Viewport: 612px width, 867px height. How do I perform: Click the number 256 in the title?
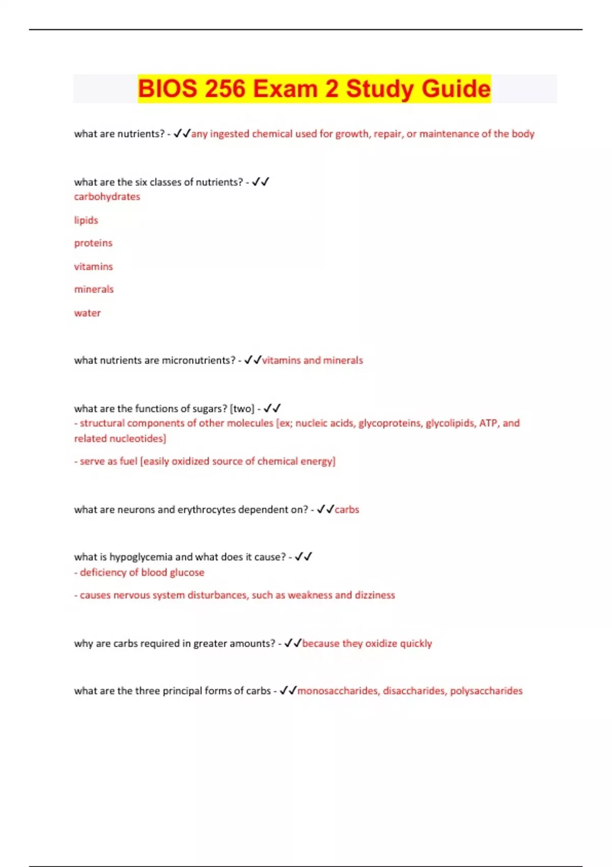pyautogui.click(x=226, y=89)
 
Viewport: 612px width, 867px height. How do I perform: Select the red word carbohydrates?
pyautogui.click(x=107, y=196)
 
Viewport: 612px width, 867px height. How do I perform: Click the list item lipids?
pyautogui.click(x=86, y=220)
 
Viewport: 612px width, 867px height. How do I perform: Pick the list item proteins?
pyautogui.click(x=93, y=243)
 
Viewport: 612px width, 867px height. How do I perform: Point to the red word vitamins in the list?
pyautogui.click(x=93, y=266)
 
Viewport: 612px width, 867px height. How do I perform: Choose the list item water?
pyautogui.click(x=87, y=313)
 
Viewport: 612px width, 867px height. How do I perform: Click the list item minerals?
pyautogui.click(x=94, y=289)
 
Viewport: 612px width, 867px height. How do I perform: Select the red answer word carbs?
pyautogui.click(x=347, y=509)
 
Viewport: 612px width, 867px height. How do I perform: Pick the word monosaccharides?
pyautogui.click(x=338, y=691)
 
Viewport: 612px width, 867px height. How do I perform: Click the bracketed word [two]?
pyautogui.click(x=242, y=409)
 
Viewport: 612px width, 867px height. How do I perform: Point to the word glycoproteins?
pyautogui.click(x=389, y=423)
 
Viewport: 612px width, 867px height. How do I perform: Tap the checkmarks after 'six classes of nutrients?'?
pyautogui.click(x=261, y=182)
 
